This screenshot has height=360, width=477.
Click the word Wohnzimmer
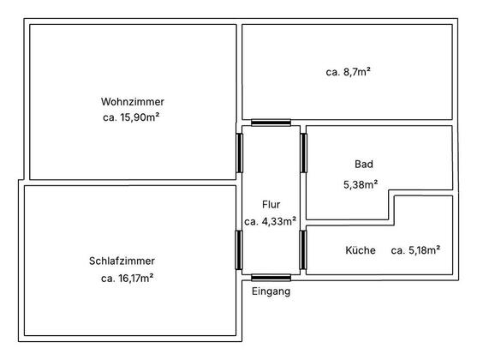click(133, 101)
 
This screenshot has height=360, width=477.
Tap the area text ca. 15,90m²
click(131, 117)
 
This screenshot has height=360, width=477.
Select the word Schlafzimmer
click(122, 261)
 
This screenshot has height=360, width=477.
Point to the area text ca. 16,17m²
click(127, 278)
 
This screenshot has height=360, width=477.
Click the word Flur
click(271, 204)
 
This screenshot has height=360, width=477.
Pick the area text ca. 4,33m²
click(270, 221)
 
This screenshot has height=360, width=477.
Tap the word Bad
click(364, 165)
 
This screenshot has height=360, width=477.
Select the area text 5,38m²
click(361, 184)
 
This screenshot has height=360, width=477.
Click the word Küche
click(361, 250)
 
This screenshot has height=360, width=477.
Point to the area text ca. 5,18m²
click(415, 250)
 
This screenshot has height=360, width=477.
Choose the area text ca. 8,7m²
click(348, 72)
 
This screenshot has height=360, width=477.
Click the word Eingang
click(271, 291)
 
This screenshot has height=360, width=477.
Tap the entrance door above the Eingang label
click(271, 277)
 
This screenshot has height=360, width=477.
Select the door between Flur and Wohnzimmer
click(240, 153)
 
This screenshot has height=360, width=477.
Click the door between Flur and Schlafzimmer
click(239, 249)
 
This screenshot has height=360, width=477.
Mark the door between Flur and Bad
click(304, 153)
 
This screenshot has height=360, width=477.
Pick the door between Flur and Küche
click(303, 249)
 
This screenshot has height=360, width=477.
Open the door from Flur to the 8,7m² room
click(271, 123)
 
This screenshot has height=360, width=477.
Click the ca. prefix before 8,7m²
click(332, 73)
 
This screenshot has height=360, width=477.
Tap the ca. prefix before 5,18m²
click(397, 250)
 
